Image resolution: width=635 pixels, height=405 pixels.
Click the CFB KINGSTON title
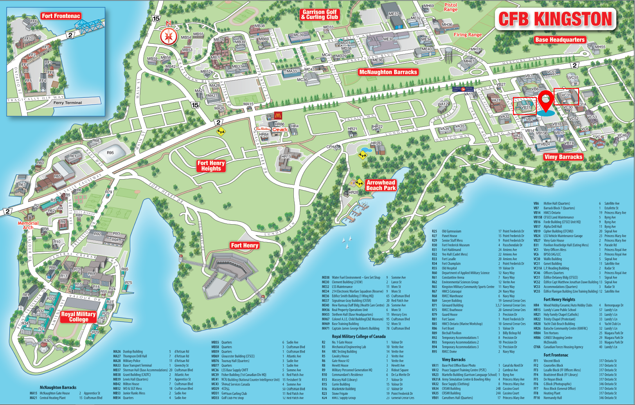[555, 19]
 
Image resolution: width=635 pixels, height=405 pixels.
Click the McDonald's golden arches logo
[278, 115]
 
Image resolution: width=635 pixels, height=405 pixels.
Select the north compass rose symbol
[169, 36]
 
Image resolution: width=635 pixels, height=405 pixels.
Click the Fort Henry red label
[245, 245]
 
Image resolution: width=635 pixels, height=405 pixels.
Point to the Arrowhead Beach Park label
[381, 185]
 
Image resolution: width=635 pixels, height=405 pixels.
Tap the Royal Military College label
[78, 317]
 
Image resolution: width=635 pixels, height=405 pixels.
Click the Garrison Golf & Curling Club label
[320, 14]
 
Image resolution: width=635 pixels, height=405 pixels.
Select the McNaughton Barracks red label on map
[388, 72]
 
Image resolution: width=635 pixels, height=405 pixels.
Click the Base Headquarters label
[560, 40]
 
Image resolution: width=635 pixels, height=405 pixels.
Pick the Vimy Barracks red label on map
[563, 157]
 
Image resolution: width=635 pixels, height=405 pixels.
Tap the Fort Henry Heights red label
[211, 166]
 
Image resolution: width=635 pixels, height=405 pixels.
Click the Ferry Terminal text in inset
[68, 103]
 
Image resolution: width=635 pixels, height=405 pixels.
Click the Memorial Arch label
[28, 225]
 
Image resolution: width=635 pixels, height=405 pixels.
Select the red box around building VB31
[524, 106]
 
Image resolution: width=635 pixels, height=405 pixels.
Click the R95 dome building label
[110, 153]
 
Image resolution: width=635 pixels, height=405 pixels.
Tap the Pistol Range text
[451, 7]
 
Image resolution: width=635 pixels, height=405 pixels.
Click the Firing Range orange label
[468, 35]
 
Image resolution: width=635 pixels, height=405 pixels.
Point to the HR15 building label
[286, 157]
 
